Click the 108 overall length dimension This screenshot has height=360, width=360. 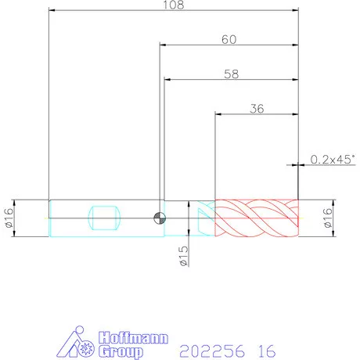pyautogui.click(x=174, y=5)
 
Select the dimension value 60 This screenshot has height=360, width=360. pyautogui.click(x=229, y=40)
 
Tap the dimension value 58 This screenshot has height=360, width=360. pyautogui.click(x=232, y=74)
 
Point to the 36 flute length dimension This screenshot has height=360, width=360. pyautogui.click(x=257, y=109)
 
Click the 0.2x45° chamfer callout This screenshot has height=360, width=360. pyautogui.click(x=333, y=160)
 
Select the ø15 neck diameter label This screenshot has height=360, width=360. pyautogui.click(x=184, y=256)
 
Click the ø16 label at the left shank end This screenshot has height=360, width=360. pyautogui.click(x=9, y=218)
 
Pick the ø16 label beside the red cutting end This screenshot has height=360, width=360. pyautogui.click(x=328, y=218)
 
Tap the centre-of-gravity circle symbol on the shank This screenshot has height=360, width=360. pyautogui.click(x=160, y=218)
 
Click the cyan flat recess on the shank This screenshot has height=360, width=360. pyautogui.click(x=104, y=218)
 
